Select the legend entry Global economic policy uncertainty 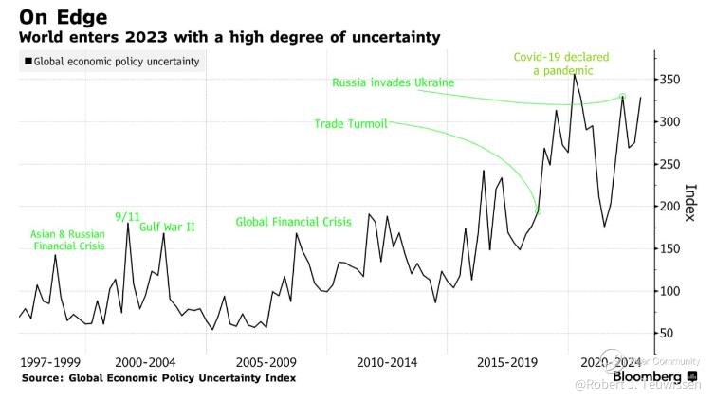115,62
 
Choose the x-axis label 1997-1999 50,362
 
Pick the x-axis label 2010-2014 387,362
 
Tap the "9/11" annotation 126,216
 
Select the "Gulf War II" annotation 167,228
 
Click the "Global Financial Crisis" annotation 293,222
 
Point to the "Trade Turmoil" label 351,123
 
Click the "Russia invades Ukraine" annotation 393,83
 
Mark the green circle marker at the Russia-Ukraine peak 622,96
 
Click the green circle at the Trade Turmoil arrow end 538,211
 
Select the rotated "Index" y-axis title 690,202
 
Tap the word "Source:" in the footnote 42,377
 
